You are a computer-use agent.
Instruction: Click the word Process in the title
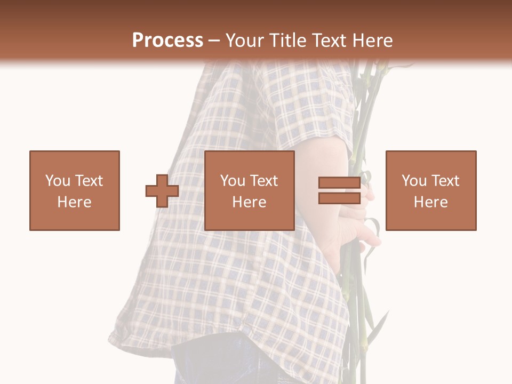(x=167, y=41)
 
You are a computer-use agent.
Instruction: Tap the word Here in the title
(x=372, y=41)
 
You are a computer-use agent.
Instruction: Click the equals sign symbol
(x=339, y=190)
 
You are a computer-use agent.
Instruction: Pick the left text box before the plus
(x=74, y=190)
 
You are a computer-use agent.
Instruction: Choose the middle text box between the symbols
(x=249, y=190)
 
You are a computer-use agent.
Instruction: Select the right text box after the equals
(x=430, y=190)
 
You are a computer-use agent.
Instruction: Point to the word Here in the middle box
(x=249, y=202)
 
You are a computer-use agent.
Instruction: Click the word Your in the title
(x=244, y=41)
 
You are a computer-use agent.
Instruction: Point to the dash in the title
(x=214, y=41)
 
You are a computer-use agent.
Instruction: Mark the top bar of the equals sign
(x=339, y=183)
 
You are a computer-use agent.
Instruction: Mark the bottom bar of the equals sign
(x=339, y=198)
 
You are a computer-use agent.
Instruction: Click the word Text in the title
(x=330, y=41)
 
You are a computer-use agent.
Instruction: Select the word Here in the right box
(x=430, y=202)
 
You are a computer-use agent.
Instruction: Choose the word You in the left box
(x=58, y=181)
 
